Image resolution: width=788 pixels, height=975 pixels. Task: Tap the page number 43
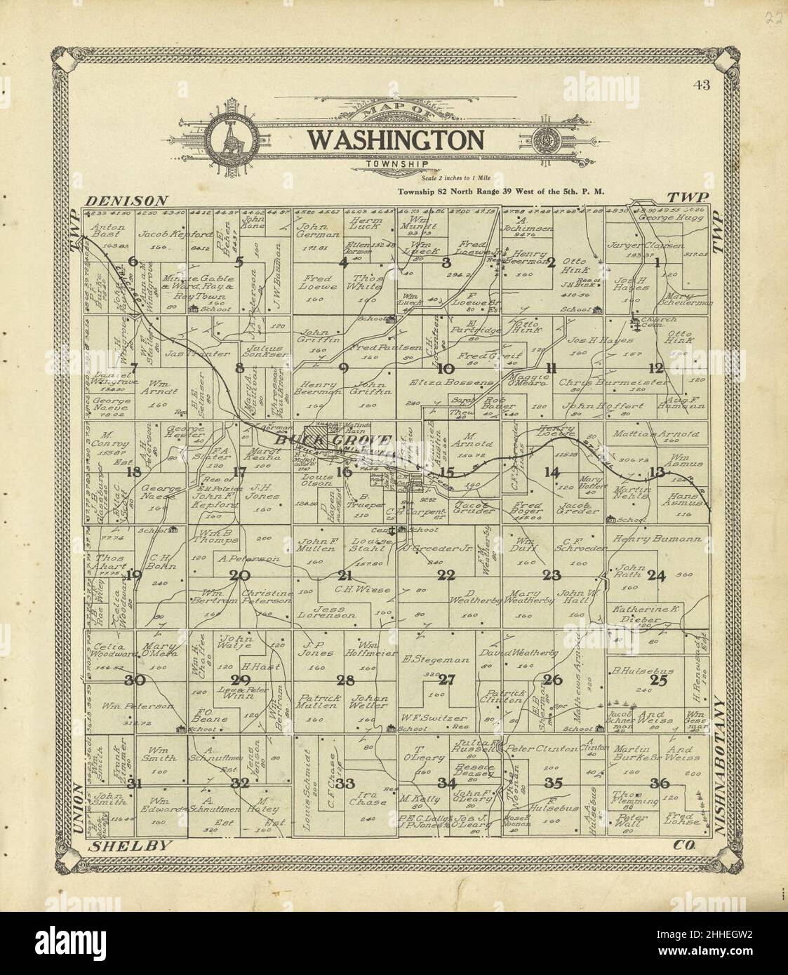[700, 86]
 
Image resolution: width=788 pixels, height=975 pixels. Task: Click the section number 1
[657, 263]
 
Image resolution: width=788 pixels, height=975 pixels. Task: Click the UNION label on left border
[76, 811]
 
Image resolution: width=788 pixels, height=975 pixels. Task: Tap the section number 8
[239, 367]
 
